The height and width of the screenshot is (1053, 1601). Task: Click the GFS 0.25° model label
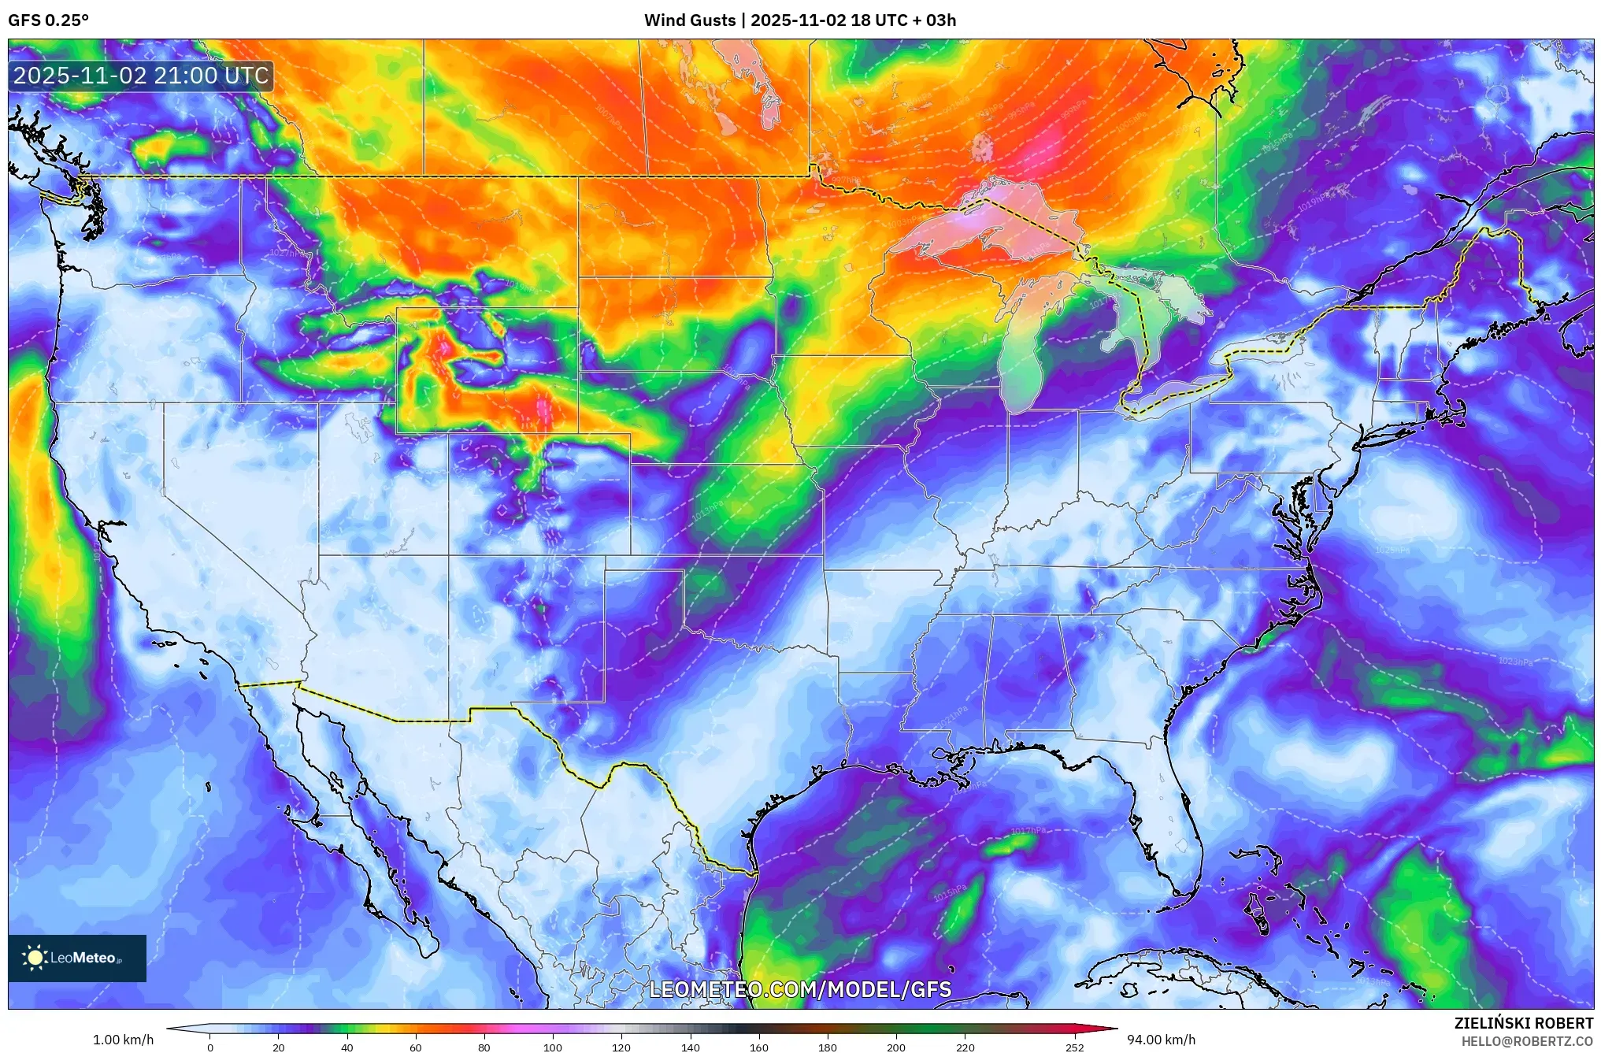pos(48,20)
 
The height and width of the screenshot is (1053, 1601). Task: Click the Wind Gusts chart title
pos(799,20)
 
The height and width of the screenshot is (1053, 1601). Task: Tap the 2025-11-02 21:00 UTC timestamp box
pos(141,76)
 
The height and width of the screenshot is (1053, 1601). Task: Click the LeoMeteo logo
pos(76,958)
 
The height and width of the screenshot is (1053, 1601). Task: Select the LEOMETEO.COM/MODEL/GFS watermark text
pos(799,989)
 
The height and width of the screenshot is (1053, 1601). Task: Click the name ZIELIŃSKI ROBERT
pos(1523,1023)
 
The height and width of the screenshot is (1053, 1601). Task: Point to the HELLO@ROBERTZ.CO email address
pos(1526,1041)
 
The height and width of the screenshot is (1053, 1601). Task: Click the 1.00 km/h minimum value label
pos(123,1040)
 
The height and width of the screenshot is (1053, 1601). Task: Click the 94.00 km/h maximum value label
pos(1161,1040)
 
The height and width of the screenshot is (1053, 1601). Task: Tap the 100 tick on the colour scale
pos(552,1047)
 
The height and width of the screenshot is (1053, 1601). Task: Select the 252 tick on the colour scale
pos(1074,1047)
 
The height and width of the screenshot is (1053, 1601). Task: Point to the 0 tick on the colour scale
pos(209,1047)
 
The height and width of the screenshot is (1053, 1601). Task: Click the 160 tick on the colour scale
pos(758,1047)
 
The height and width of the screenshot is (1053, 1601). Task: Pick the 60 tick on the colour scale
pos(415,1047)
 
